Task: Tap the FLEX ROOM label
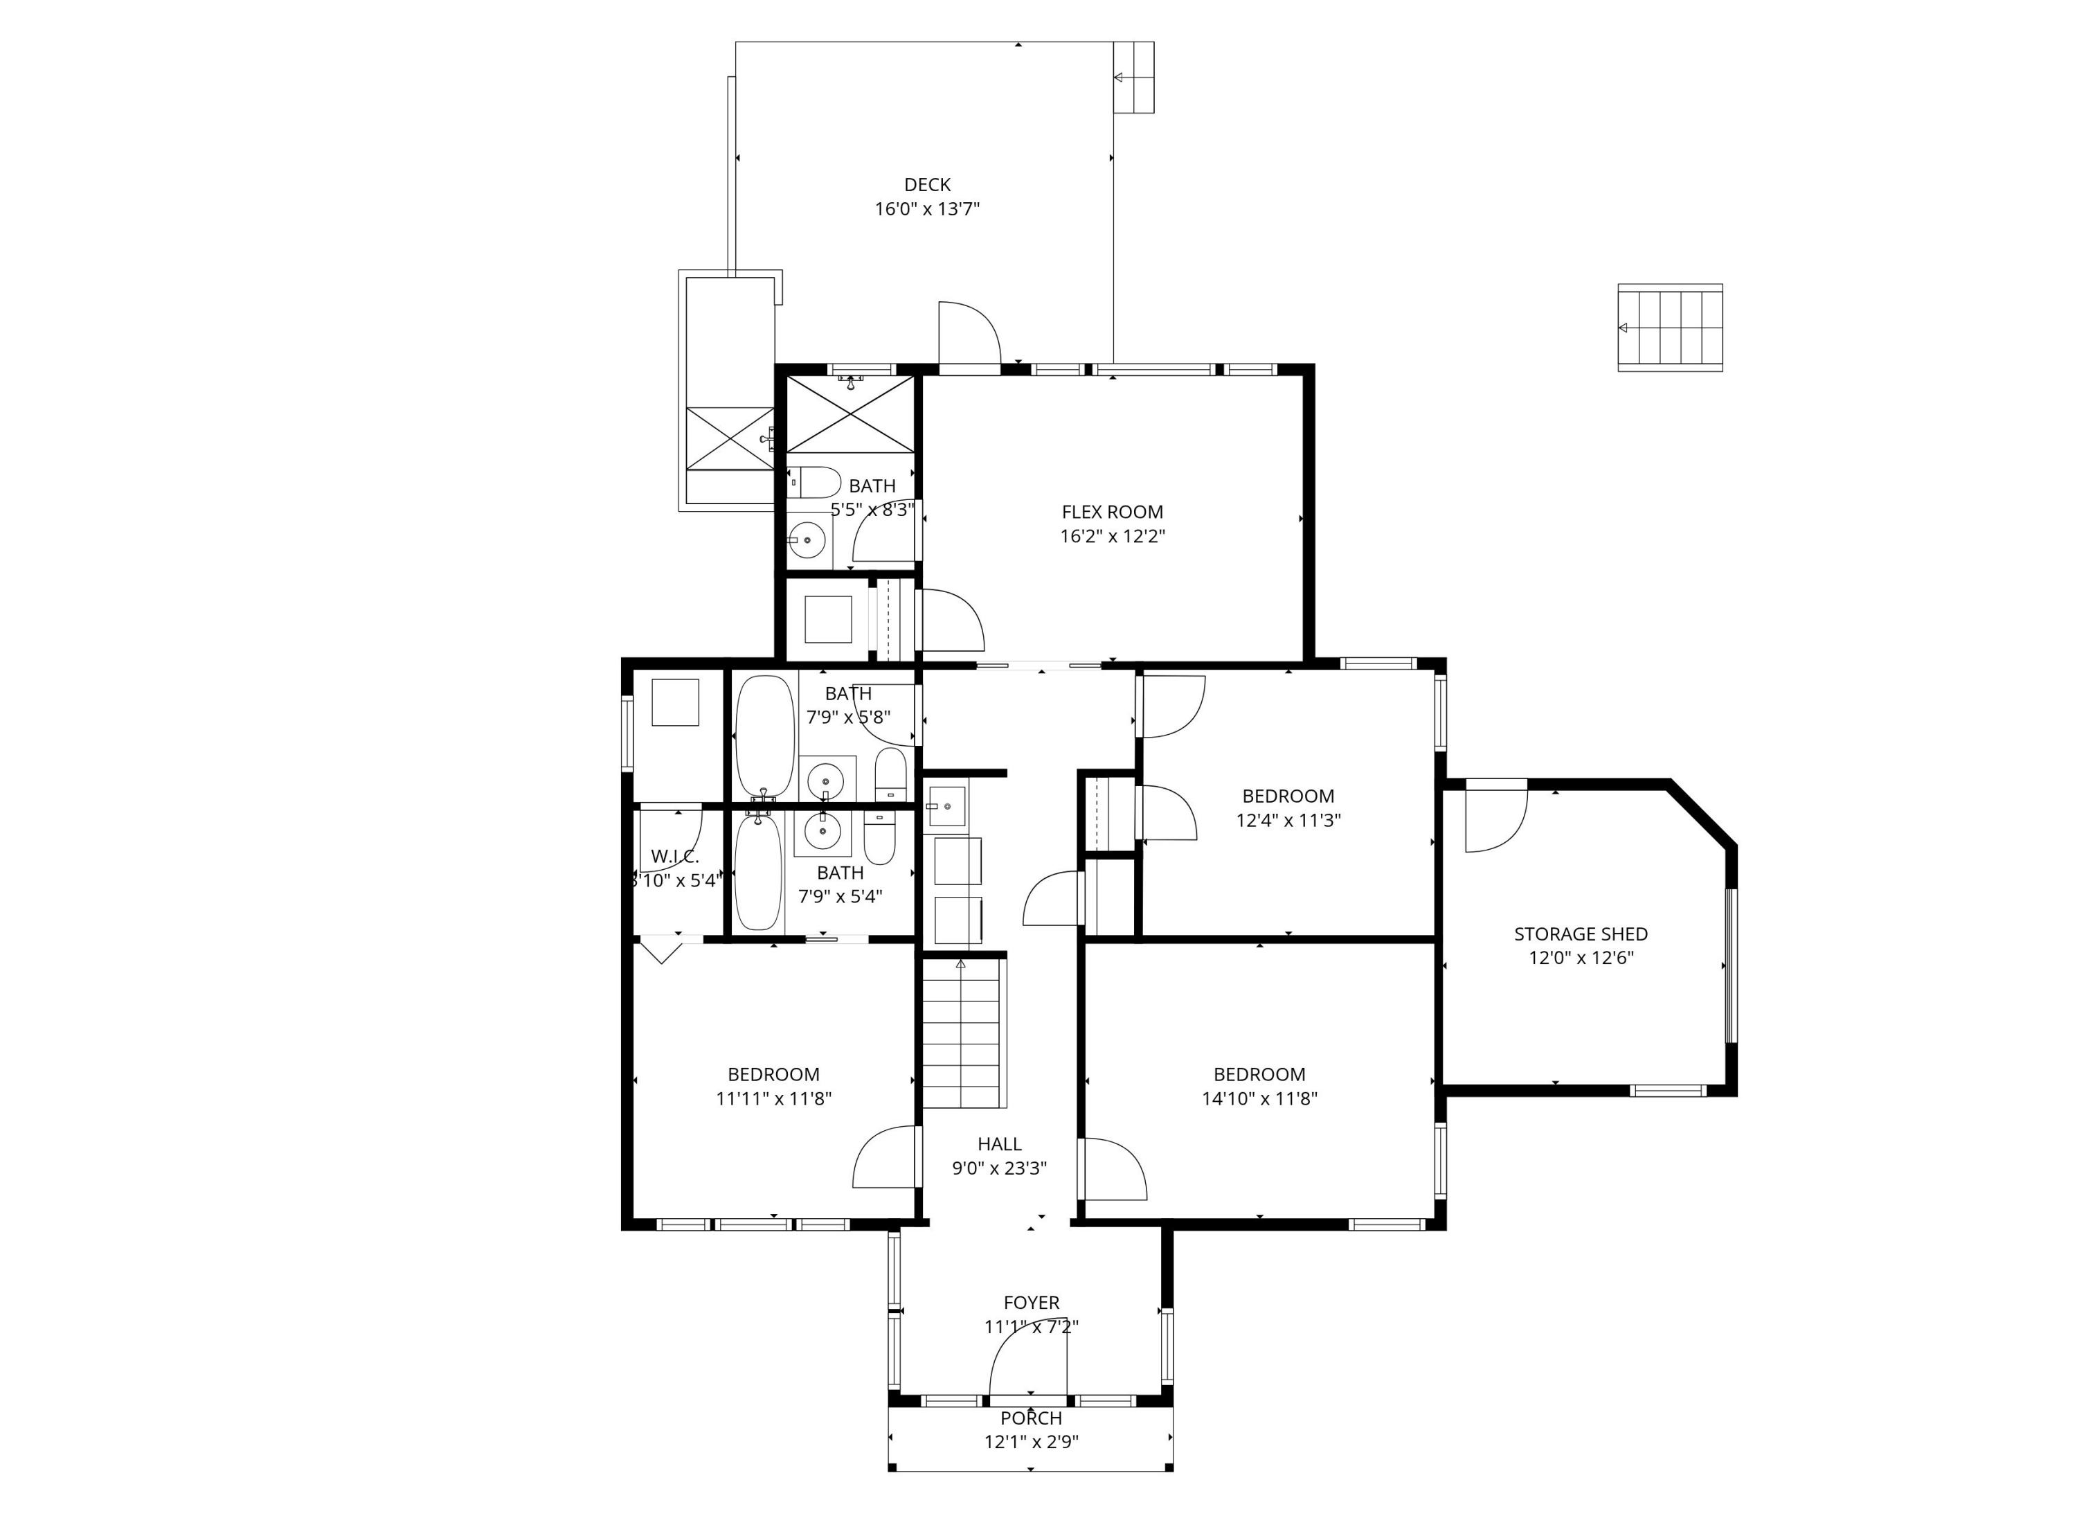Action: [x=1112, y=512]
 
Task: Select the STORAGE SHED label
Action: [x=1581, y=934]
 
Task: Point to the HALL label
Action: [x=999, y=1144]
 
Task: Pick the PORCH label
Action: [x=1031, y=1418]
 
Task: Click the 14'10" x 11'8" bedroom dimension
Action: [x=1259, y=1098]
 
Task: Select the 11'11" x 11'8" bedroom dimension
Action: [x=773, y=1098]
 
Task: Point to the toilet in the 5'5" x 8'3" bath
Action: [x=813, y=483]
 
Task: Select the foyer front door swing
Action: [x=1027, y=1362]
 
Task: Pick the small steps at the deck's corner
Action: [x=1134, y=78]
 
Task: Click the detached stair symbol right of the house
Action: [x=1670, y=328]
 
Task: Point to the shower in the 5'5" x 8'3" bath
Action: [x=850, y=414]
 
